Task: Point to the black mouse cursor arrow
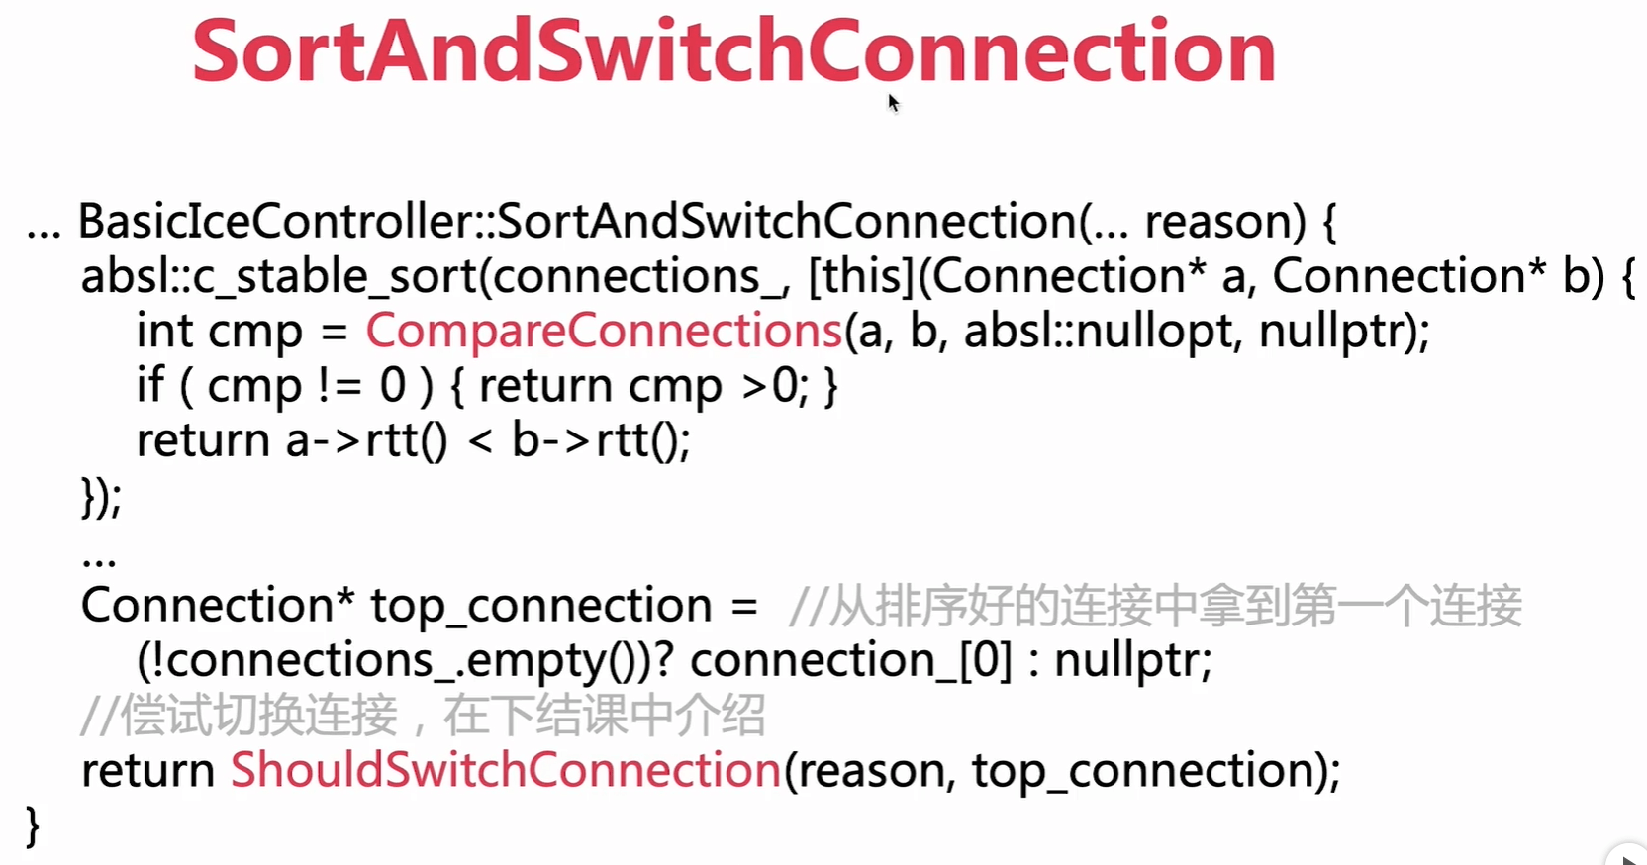[894, 103]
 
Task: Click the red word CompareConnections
[604, 331]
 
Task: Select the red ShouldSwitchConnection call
[506, 769]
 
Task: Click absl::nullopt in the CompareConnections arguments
[1098, 331]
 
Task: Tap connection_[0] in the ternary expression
[850, 660]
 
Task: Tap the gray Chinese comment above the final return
[423, 715]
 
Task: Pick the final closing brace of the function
[33, 826]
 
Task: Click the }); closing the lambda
[102, 498]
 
